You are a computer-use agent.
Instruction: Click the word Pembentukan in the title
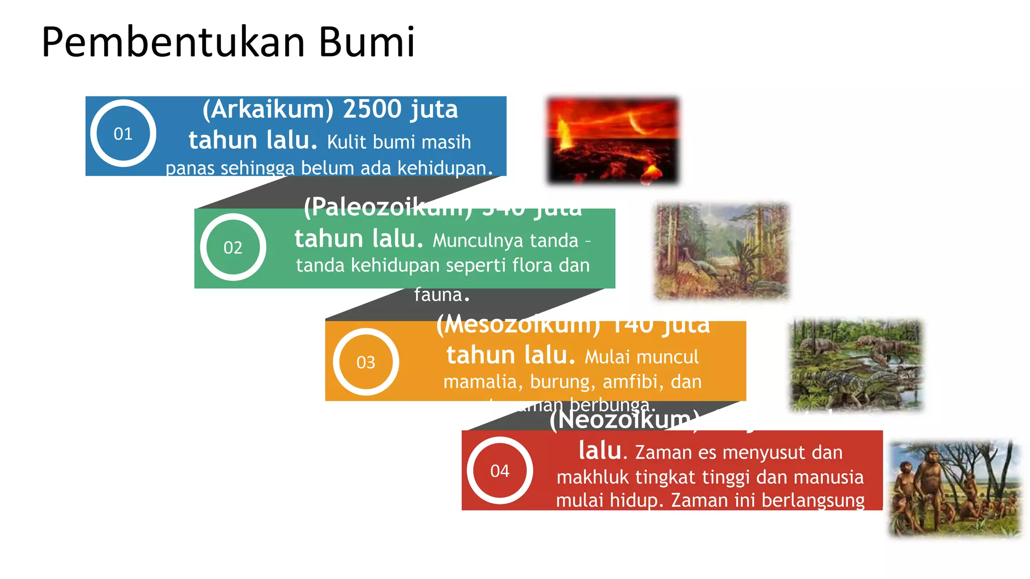174,42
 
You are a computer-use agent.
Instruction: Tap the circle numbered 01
123,134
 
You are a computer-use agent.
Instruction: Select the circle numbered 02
233,247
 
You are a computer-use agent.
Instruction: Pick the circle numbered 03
366,362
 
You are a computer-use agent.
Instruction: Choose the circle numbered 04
499,471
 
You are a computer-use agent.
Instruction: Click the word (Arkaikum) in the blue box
268,110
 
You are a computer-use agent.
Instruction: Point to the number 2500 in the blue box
372,110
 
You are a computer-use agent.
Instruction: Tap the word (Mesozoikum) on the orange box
518,325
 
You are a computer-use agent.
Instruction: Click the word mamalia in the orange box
480,382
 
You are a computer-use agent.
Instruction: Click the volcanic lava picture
613,140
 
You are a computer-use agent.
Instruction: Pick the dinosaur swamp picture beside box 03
856,364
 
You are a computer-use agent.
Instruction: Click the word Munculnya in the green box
505,241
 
